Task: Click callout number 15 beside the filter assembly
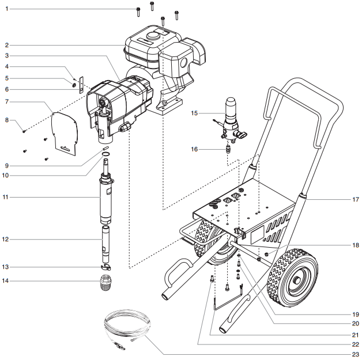click(x=194, y=113)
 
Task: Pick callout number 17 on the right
click(x=355, y=200)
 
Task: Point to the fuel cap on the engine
click(x=153, y=36)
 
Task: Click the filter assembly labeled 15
click(x=231, y=118)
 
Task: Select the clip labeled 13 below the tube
click(x=105, y=268)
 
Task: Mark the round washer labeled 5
click(x=76, y=85)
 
